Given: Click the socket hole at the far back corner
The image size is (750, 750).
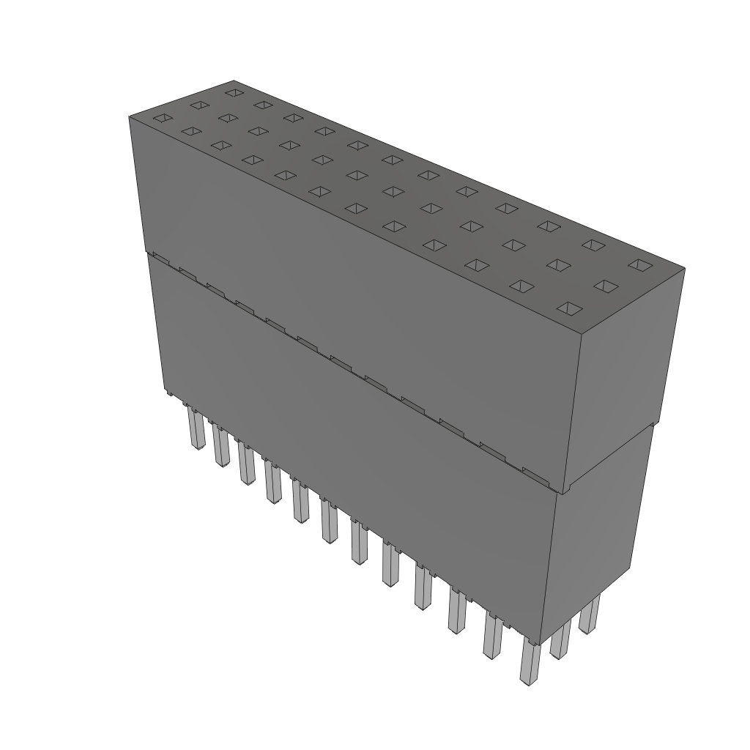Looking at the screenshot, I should [234, 92].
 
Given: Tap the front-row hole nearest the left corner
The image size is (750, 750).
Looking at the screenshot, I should [163, 118].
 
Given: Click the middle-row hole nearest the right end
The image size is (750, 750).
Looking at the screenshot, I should [606, 286].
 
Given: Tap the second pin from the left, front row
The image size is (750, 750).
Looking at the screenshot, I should [222, 447].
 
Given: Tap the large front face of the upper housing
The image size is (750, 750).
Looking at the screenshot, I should [352, 293].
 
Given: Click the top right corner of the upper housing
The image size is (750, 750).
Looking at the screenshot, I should [684, 269].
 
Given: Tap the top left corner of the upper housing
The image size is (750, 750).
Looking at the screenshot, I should [130, 117].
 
